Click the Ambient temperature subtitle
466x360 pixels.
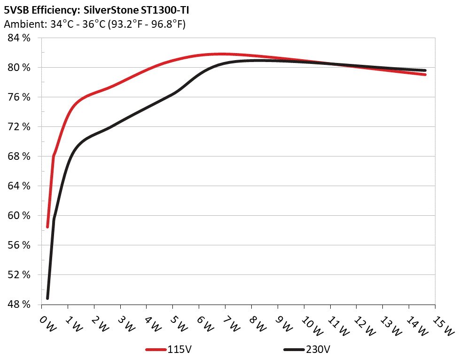point(94,24)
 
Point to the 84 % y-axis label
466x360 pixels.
point(19,38)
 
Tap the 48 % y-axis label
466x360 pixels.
point(19,305)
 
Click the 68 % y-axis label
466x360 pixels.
point(19,157)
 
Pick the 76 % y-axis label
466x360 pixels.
point(19,97)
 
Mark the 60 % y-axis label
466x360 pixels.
point(19,216)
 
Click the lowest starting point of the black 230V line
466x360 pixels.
point(47,298)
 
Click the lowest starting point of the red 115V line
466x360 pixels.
point(47,227)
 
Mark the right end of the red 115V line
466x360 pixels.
point(425,74)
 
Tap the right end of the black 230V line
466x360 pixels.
point(425,70)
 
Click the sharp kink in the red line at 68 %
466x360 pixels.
point(54,157)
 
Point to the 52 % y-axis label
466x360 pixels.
point(19,275)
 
